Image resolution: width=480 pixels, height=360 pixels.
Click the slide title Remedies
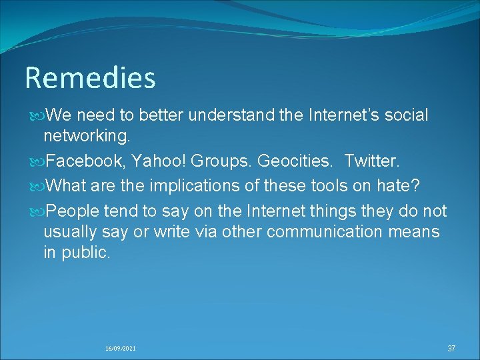90,78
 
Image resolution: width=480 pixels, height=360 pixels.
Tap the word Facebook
85,161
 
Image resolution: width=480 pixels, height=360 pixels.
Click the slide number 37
451,348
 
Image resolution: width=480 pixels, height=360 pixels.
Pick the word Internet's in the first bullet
345,115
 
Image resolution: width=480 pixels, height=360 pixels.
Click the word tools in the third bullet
327,184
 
